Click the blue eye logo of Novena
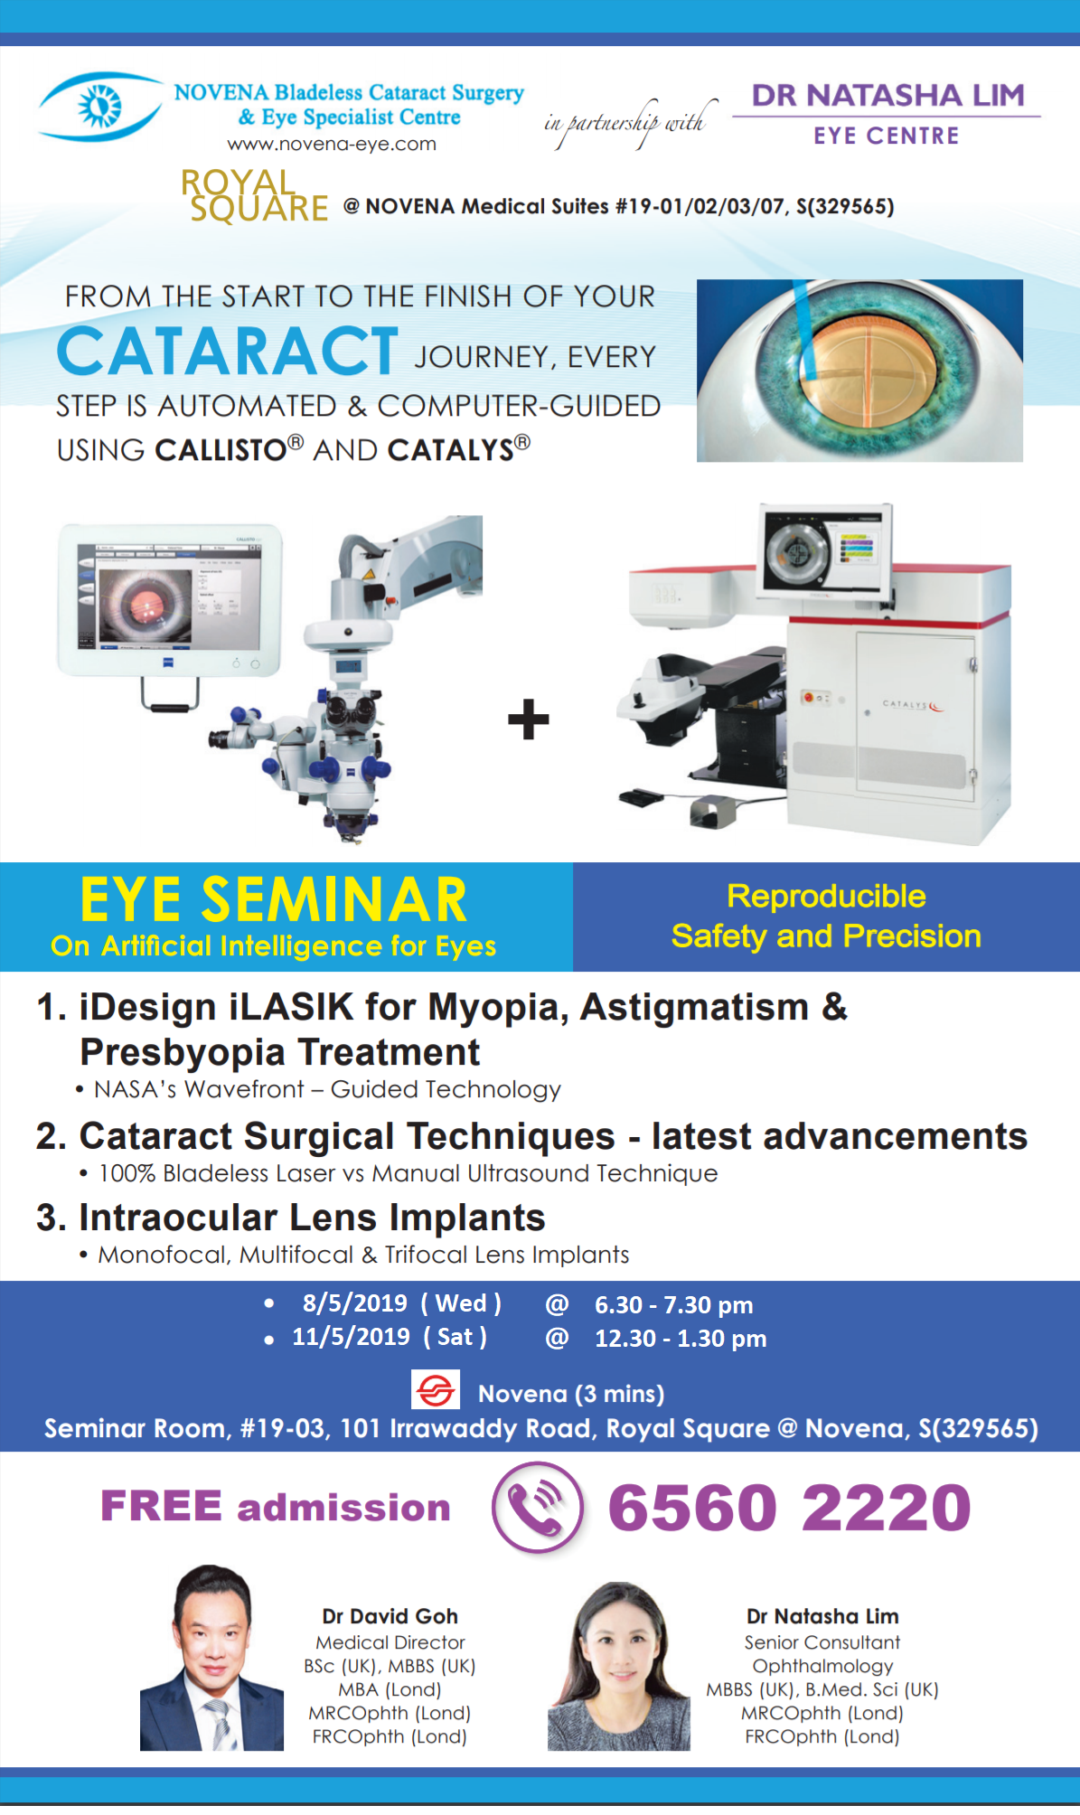99,107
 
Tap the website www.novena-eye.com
332,144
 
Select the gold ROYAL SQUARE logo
255,196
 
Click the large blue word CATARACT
228,352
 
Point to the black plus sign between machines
529,719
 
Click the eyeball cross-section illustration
859,371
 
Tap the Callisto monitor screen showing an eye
170,599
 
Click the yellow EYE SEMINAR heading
274,900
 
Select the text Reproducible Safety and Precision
826,917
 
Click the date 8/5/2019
354,1303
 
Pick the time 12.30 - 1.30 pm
681,1339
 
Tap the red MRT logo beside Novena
436,1390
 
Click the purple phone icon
538,1507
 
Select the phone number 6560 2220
789,1508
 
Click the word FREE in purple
161,1506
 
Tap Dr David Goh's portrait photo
211,1658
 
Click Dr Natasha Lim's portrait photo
619,1666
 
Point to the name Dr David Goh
390,1616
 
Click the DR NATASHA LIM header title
888,95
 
